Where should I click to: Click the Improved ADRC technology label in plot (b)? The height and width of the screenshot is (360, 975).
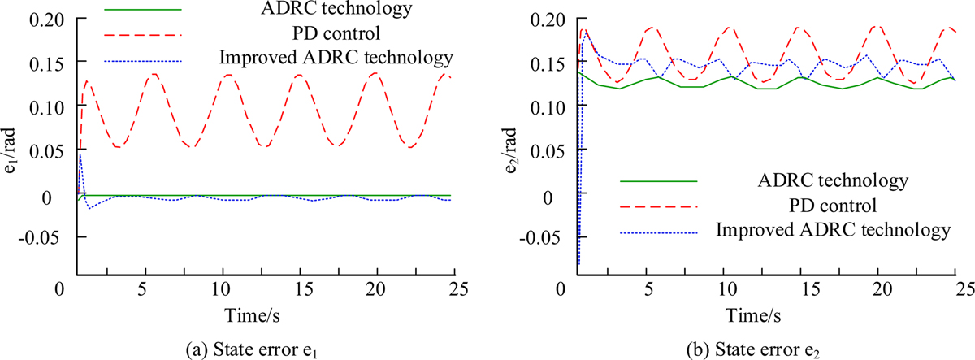pyautogui.click(x=833, y=230)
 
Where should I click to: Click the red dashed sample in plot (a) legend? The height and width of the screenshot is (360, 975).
pyautogui.click(x=144, y=35)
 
